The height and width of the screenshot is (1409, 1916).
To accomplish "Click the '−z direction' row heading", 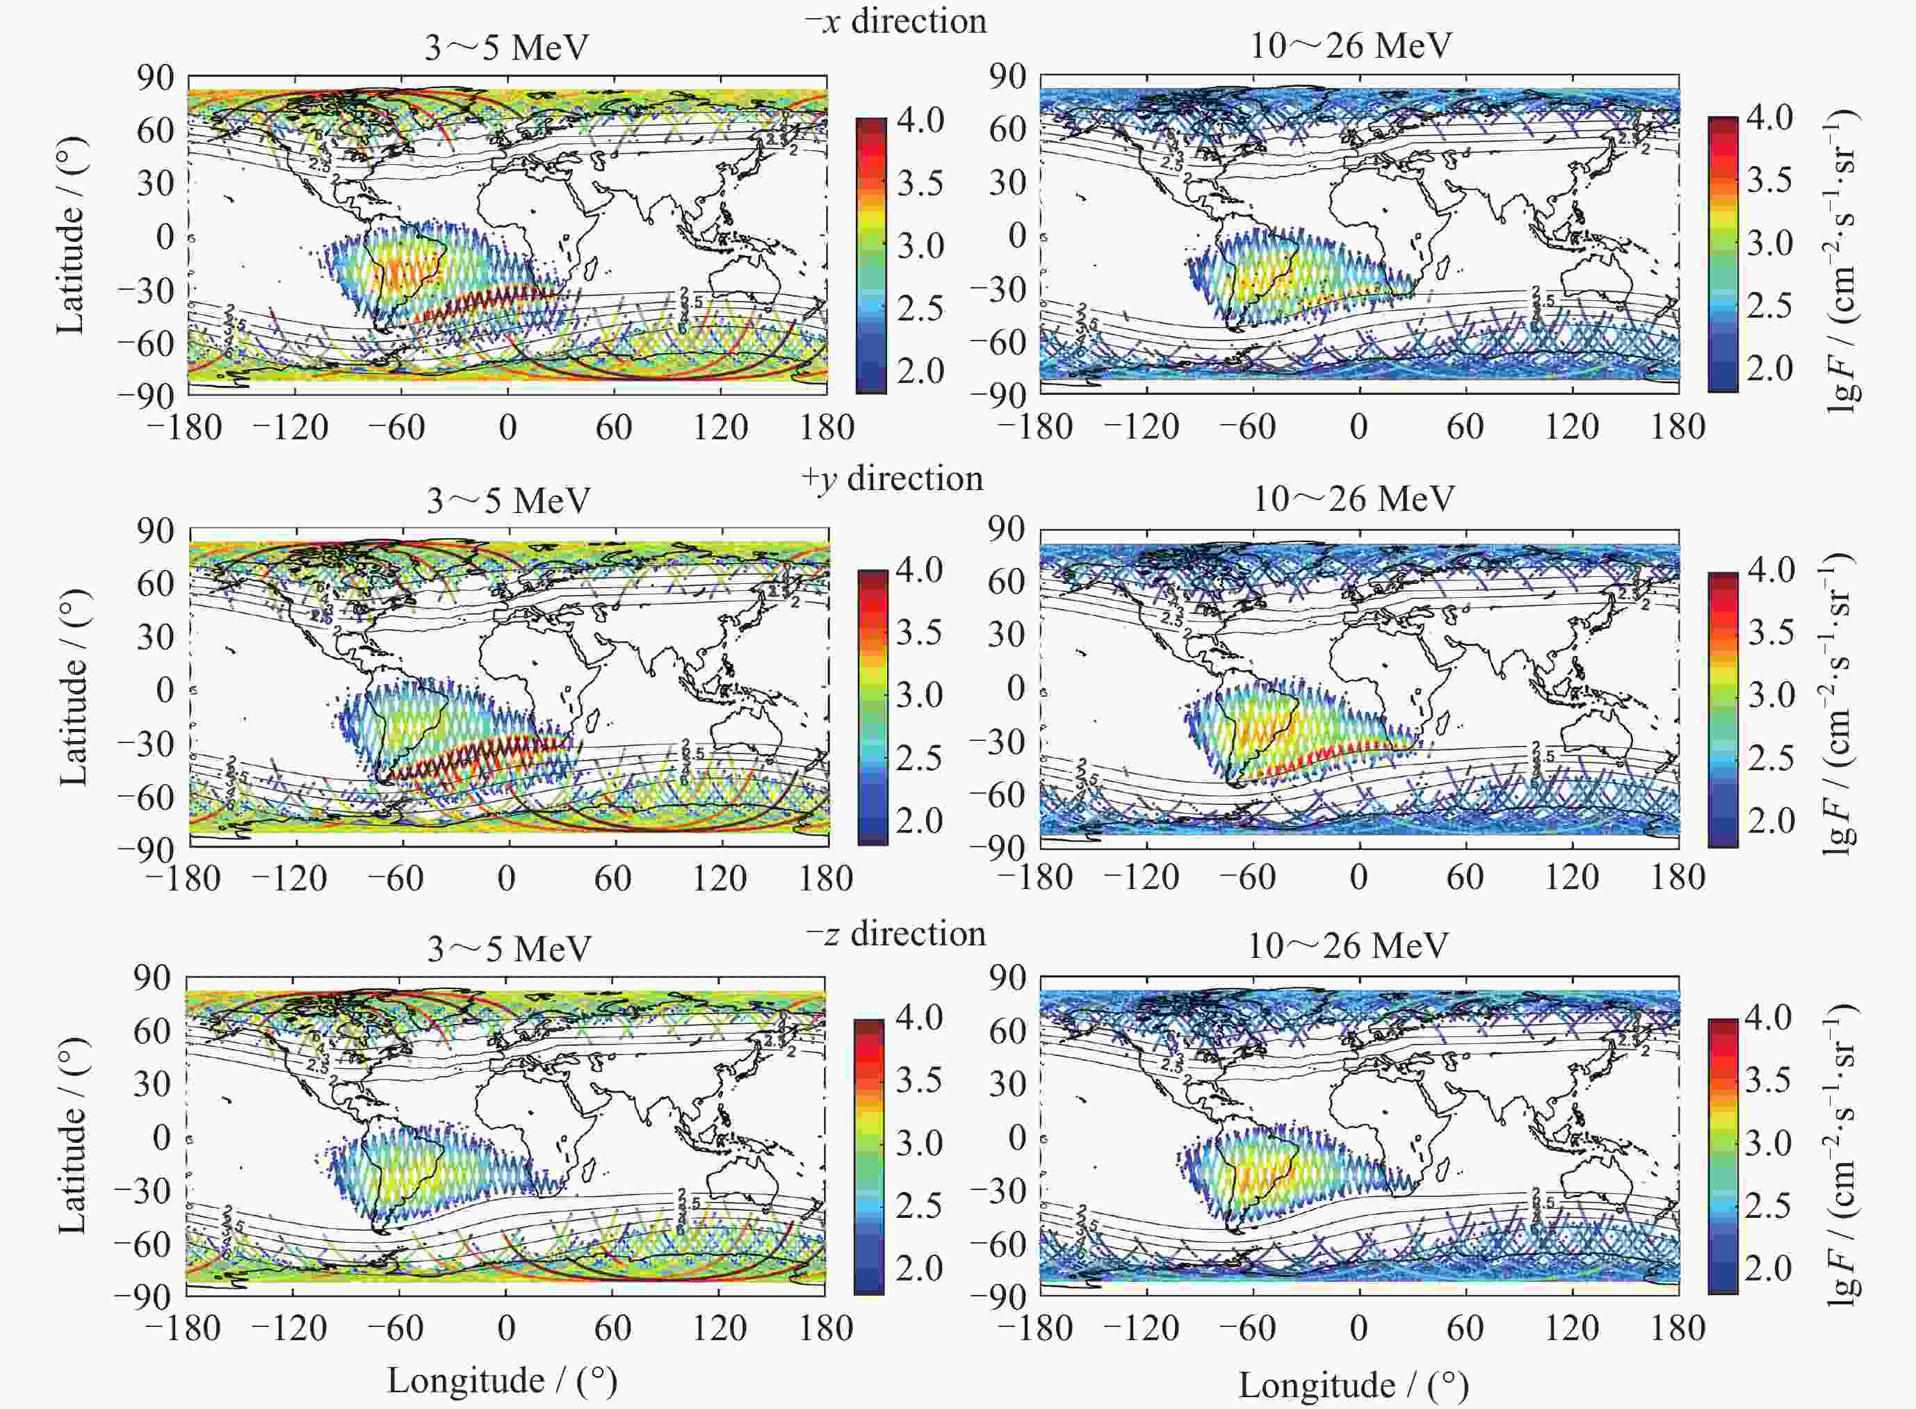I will (895, 934).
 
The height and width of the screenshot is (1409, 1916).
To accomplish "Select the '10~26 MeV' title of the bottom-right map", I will (1348, 946).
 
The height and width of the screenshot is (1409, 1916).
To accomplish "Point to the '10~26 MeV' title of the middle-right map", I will (1353, 498).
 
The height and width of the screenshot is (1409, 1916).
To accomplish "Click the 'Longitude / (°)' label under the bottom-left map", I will (502, 1380).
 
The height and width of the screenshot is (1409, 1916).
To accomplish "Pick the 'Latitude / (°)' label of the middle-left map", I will (74, 687).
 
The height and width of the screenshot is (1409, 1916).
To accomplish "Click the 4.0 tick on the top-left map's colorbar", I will (920, 120).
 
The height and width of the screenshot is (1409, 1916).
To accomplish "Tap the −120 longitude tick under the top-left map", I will (290, 426).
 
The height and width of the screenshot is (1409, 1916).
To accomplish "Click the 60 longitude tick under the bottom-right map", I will (1464, 1328).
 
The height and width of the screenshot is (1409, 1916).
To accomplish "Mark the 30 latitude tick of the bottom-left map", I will (154, 1084).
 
